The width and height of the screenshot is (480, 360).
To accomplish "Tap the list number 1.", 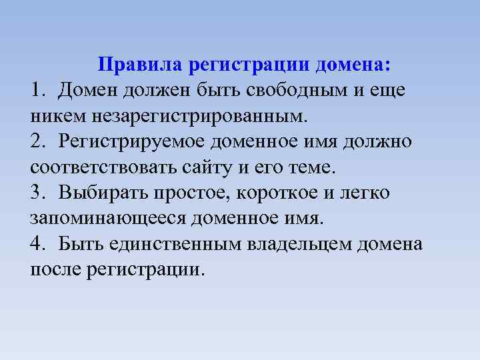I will [x=37, y=90].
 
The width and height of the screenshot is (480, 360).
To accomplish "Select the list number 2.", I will [x=37, y=141].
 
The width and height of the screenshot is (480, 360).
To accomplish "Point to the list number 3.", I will [x=37, y=193].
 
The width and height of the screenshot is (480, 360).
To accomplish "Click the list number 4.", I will [x=37, y=244].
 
